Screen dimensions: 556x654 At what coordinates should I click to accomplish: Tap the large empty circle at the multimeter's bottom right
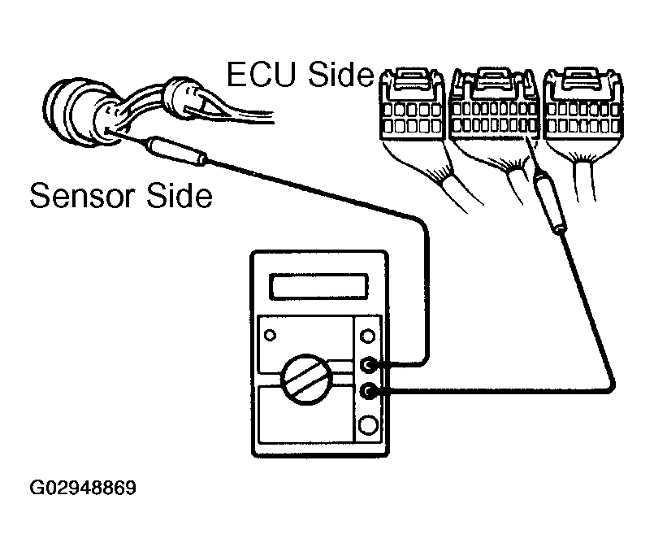click(x=369, y=425)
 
